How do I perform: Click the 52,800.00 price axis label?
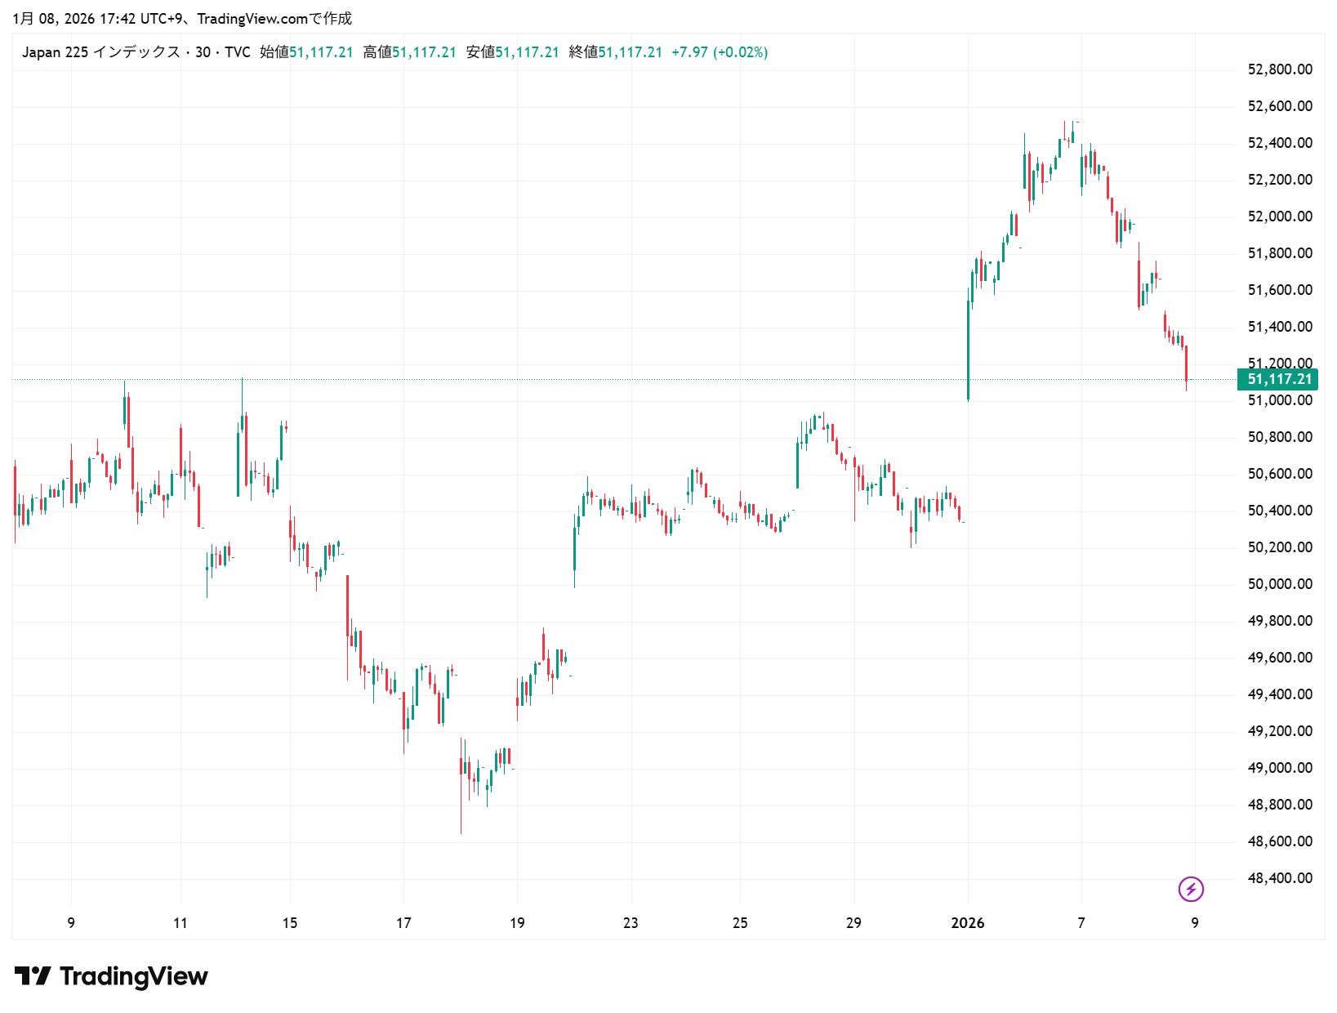pyautogui.click(x=1280, y=69)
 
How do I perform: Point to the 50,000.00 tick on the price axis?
pyautogui.click(x=1280, y=584)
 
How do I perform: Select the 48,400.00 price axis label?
pyautogui.click(x=1280, y=878)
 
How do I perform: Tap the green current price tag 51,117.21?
pyautogui.click(x=1279, y=379)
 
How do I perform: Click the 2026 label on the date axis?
pyautogui.click(x=968, y=923)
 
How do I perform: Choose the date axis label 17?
pyautogui.click(x=403, y=923)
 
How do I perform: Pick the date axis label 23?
pyautogui.click(x=631, y=923)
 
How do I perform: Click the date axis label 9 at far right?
pyautogui.click(x=1195, y=923)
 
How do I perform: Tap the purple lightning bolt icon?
pyautogui.click(x=1191, y=889)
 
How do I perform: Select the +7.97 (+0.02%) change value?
pyautogui.click(x=720, y=52)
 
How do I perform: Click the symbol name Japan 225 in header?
pyautogui.click(x=55, y=52)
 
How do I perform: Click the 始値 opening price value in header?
pyautogui.click(x=321, y=52)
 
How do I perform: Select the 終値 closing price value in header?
pyautogui.click(x=630, y=52)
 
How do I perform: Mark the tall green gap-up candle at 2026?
pyautogui.click(x=969, y=351)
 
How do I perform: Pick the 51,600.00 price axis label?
pyautogui.click(x=1280, y=290)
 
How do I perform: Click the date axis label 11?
pyautogui.click(x=180, y=923)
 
